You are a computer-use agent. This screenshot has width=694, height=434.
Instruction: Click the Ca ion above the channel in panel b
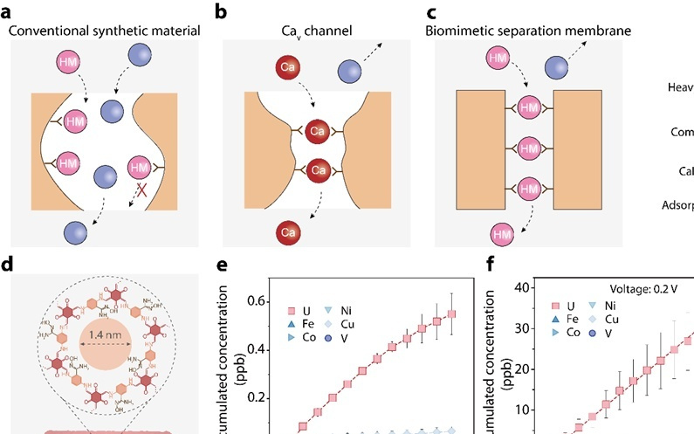click(285, 65)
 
